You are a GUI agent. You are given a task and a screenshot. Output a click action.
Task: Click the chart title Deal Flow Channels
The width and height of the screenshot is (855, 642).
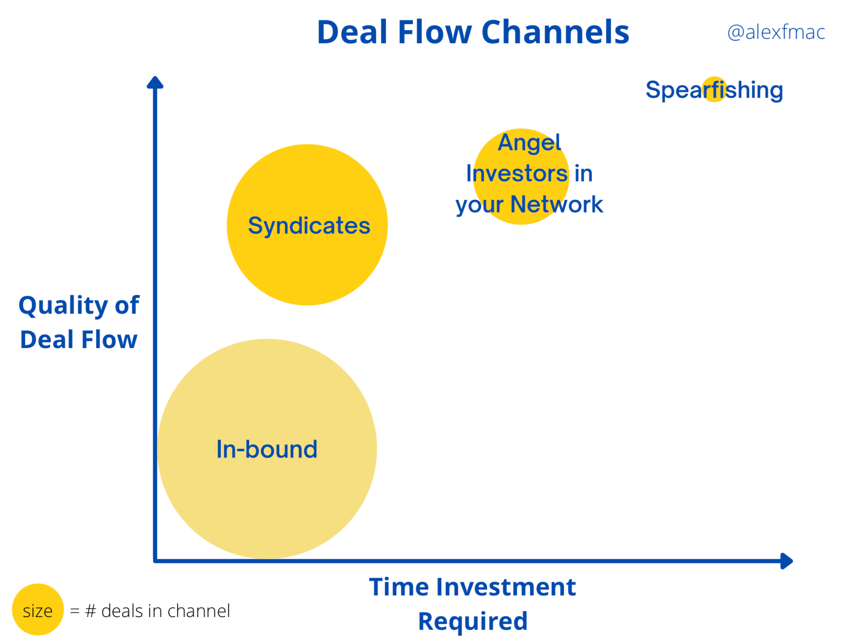click(473, 32)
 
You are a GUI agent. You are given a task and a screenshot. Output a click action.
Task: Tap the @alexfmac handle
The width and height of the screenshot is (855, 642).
click(776, 32)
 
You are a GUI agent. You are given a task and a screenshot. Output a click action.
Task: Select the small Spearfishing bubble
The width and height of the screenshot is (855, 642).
click(714, 89)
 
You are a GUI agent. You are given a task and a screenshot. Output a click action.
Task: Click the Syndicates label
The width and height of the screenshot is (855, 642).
click(309, 226)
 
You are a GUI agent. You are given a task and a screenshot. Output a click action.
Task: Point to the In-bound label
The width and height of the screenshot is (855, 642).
click(267, 449)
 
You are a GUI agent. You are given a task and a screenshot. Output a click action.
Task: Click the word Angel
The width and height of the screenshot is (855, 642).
click(529, 143)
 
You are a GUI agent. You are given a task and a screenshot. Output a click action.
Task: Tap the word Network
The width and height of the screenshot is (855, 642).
click(556, 204)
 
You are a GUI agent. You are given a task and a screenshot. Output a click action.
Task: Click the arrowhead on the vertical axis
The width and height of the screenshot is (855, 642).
click(155, 82)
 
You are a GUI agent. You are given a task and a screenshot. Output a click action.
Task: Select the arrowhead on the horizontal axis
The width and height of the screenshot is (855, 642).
click(786, 561)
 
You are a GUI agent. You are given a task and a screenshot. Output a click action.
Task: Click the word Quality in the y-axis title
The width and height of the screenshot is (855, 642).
click(63, 306)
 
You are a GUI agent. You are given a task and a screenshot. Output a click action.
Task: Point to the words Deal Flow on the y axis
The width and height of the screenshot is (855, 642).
click(79, 340)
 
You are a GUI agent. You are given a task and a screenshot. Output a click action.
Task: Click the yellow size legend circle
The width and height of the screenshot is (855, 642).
click(38, 610)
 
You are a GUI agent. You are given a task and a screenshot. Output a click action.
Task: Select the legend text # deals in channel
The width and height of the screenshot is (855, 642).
click(157, 611)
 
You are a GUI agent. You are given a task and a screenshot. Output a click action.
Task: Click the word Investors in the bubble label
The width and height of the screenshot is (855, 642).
click(517, 174)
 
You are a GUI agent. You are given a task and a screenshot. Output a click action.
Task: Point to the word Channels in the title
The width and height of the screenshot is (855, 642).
click(555, 32)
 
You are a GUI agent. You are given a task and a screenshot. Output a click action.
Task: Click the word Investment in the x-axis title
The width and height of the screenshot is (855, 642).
click(506, 587)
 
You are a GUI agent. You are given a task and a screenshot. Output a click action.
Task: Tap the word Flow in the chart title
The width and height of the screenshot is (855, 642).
click(434, 32)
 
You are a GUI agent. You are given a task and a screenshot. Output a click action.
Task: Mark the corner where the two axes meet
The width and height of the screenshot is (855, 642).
click(155, 561)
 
